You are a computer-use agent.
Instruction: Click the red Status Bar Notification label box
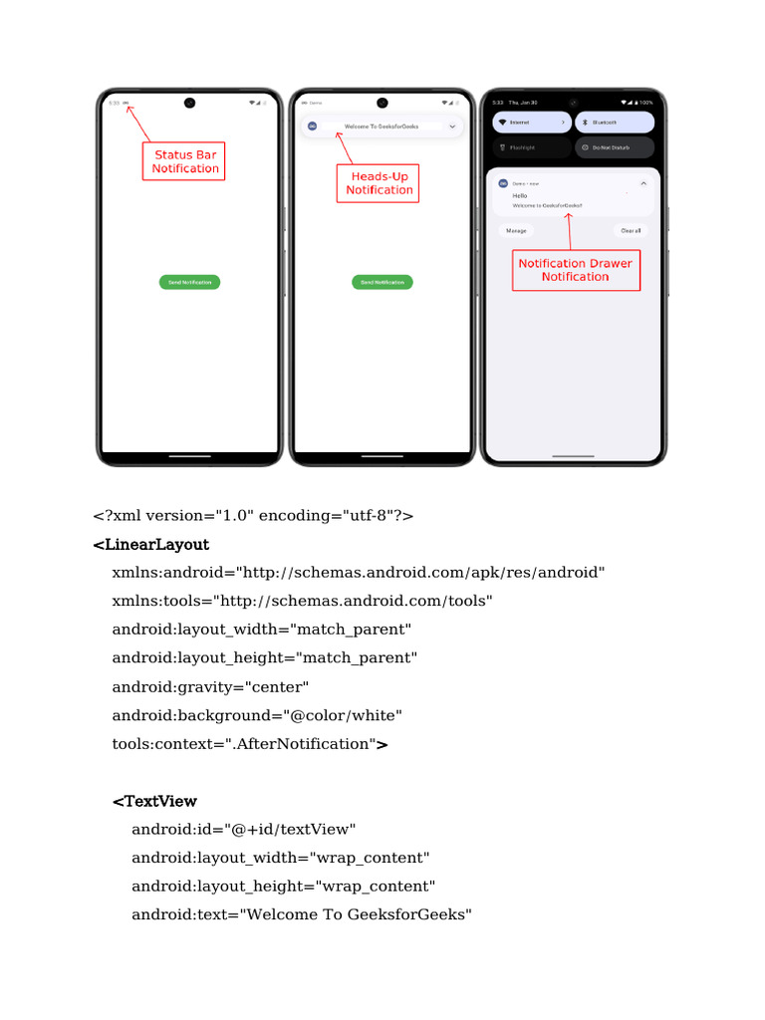click(x=184, y=162)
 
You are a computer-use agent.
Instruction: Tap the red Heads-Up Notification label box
click(x=378, y=183)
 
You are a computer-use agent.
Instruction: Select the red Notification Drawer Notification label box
click(x=576, y=270)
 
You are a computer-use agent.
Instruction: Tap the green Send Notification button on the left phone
click(x=189, y=282)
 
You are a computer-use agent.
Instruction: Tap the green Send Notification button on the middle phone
click(x=382, y=282)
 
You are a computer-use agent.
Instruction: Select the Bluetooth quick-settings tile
click(x=615, y=122)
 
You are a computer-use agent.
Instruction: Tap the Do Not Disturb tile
click(x=615, y=147)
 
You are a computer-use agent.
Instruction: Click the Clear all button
click(x=631, y=230)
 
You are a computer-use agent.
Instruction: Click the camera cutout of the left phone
click(x=189, y=102)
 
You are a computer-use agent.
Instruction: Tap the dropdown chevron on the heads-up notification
click(x=452, y=127)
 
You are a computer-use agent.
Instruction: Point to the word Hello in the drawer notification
click(x=520, y=195)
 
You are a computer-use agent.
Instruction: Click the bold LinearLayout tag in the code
click(x=151, y=545)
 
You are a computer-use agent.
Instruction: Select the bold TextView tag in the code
click(x=154, y=801)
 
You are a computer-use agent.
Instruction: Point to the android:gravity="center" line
click(x=211, y=687)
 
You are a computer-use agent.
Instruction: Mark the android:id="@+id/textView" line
click(x=244, y=830)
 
